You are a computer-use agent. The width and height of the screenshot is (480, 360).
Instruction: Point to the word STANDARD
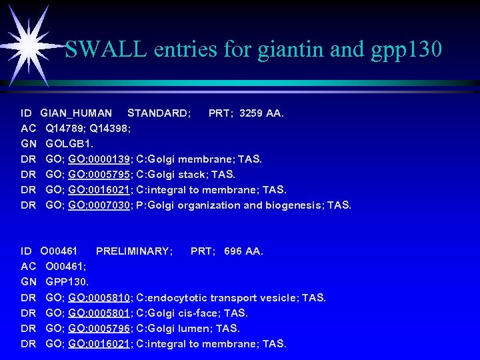159,113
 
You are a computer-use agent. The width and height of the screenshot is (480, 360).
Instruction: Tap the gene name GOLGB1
70,144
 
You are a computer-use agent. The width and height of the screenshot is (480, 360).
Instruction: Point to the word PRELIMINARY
134,251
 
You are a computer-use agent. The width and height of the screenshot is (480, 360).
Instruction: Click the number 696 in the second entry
233,251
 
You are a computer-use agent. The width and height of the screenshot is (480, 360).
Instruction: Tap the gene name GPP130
67,282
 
